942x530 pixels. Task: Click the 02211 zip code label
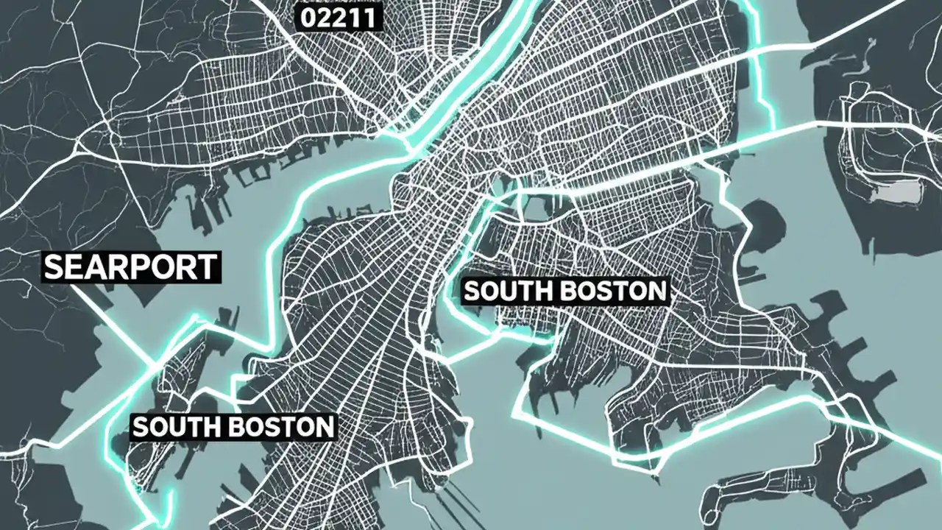tap(339, 18)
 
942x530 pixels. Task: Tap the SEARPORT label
tap(132, 267)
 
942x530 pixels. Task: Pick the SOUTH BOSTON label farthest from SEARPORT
tap(565, 291)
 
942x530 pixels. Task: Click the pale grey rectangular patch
tap(899, 193)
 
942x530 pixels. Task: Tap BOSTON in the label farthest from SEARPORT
tap(617, 291)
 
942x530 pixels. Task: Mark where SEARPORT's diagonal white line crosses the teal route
tap(153, 364)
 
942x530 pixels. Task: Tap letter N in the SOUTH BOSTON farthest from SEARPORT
tap(656, 291)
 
